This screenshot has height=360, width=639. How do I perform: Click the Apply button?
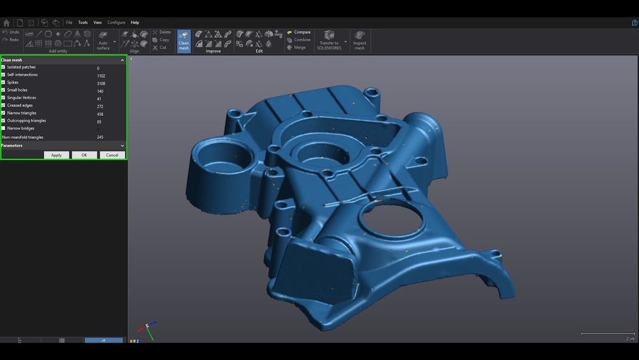click(x=56, y=155)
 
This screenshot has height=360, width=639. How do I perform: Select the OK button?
click(x=84, y=155)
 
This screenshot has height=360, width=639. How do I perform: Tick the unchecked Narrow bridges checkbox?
click(x=4, y=128)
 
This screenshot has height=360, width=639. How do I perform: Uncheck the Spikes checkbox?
click(x=4, y=82)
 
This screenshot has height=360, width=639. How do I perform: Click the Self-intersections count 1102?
click(x=101, y=75)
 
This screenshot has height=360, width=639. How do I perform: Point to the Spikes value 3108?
click(x=101, y=83)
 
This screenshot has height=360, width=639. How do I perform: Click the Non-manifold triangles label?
click(x=23, y=137)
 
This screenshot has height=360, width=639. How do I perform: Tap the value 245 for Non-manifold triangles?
click(x=100, y=137)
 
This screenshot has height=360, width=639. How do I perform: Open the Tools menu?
click(x=83, y=22)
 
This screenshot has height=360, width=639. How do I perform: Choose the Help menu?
click(x=135, y=22)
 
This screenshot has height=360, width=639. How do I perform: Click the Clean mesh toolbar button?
click(x=183, y=40)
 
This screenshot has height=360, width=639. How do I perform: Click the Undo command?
click(x=11, y=32)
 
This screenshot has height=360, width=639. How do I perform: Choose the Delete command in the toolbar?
click(x=162, y=32)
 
